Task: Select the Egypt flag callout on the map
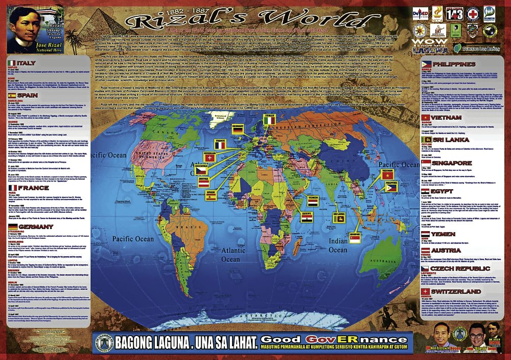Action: click(x=306, y=217)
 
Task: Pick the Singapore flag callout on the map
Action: click(x=355, y=237)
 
